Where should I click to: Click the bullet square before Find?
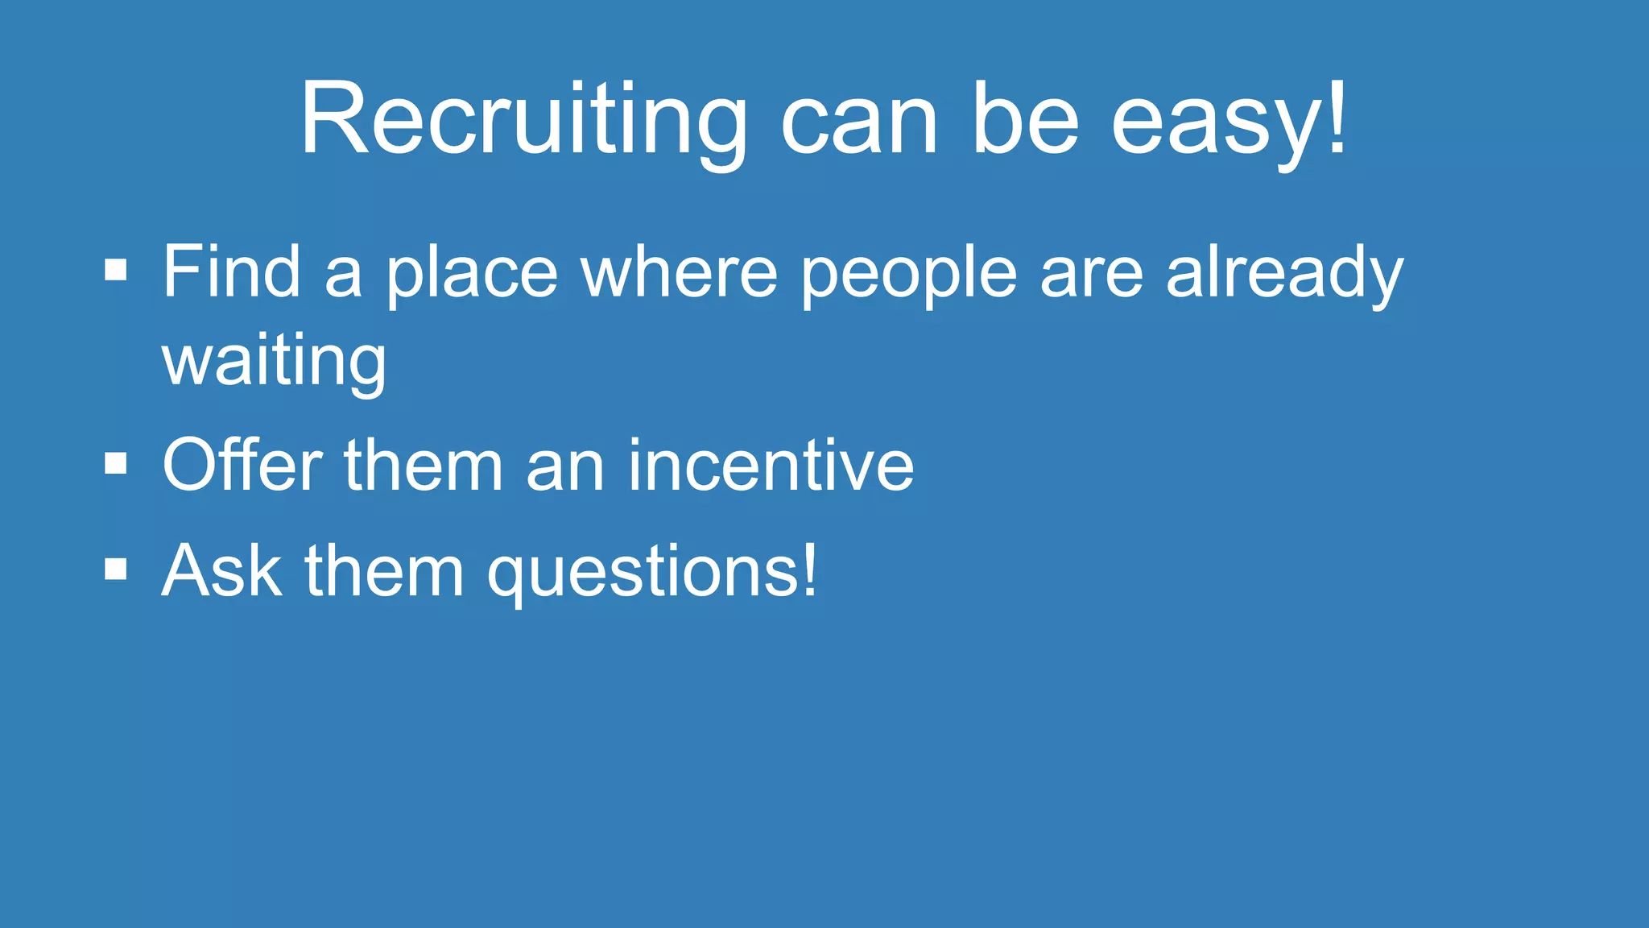tap(116, 270)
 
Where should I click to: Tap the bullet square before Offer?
tap(116, 463)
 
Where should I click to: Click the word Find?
tap(232, 271)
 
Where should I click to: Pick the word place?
tap(472, 274)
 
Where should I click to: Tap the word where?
tap(680, 272)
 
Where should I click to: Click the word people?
tap(909, 274)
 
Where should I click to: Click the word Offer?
tap(242, 465)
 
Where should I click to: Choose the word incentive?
tap(771, 465)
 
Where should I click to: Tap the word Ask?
tap(222, 570)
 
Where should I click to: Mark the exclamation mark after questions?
tap(808, 569)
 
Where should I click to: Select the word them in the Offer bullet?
tap(424, 465)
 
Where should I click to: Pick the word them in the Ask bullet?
tap(385, 570)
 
